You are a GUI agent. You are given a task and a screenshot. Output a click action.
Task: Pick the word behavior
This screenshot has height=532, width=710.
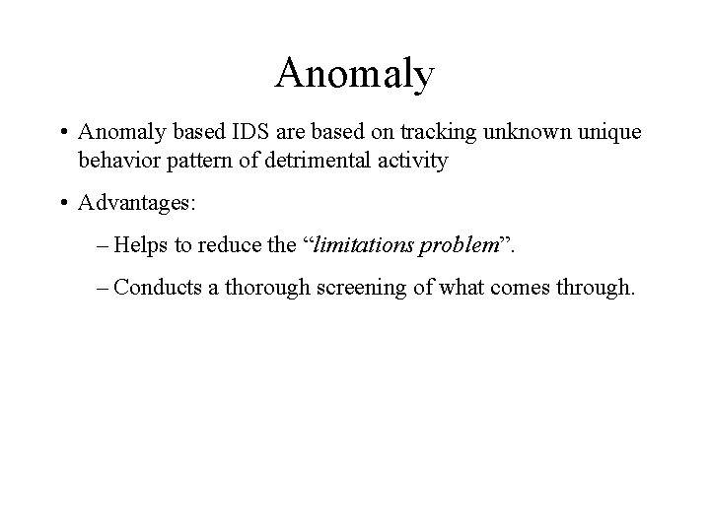click(119, 161)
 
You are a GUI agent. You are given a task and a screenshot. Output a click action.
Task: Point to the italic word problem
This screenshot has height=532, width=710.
click(459, 246)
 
